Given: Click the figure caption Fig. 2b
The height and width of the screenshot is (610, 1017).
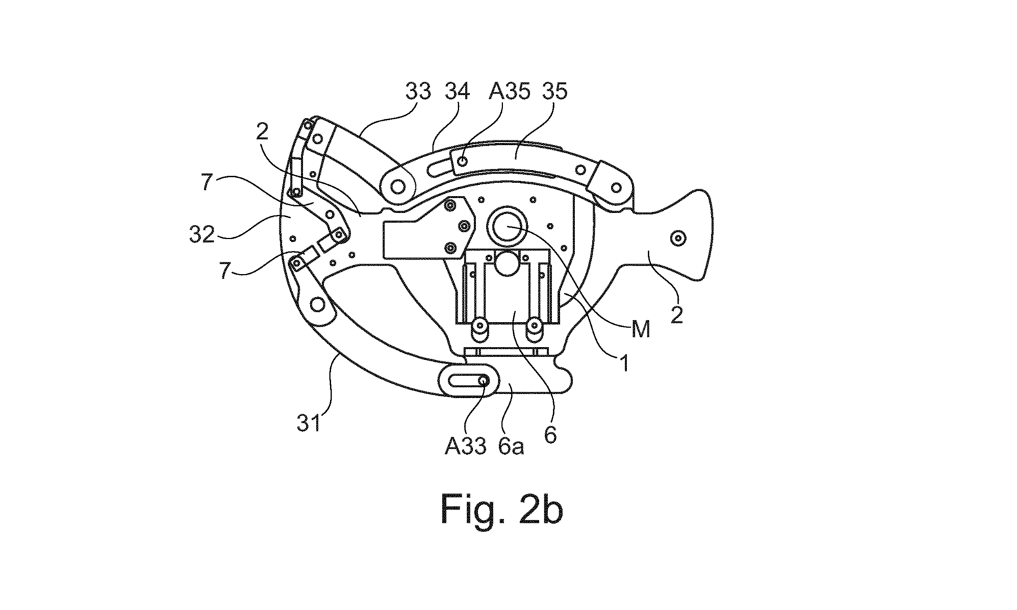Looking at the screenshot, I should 502,510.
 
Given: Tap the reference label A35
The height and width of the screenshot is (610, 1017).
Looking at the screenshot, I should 509,91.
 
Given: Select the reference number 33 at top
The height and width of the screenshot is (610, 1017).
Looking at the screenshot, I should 418,91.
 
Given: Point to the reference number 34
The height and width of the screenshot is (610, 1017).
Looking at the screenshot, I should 457,91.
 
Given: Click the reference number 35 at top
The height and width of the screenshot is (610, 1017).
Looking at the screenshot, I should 554,91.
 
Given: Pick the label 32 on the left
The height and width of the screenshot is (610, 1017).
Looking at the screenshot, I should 202,235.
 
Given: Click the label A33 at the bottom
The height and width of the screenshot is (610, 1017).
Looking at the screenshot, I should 466,446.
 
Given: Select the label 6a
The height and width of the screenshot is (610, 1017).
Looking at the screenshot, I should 511,446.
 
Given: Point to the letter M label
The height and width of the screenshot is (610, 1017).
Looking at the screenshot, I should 640,330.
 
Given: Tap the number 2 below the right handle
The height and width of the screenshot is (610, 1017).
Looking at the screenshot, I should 677,315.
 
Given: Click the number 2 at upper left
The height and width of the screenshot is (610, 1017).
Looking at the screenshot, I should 262,132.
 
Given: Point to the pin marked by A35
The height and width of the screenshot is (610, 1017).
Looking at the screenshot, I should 462,161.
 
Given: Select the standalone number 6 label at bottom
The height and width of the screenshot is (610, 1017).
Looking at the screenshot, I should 550,434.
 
